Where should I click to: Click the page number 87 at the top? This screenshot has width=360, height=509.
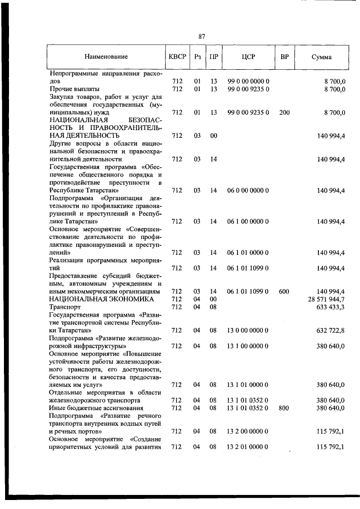pyautogui.click(x=201, y=37)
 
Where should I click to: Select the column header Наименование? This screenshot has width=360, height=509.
pyautogui.click(x=106, y=57)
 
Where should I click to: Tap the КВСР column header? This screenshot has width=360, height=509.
pyautogui.click(x=176, y=57)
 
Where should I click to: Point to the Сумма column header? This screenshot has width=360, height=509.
pyautogui.click(x=321, y=57)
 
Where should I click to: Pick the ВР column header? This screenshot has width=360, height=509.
pyautogui.click(x=284, y=57)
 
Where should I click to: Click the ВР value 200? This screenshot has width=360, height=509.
pyautogui.click(x=284, y=112)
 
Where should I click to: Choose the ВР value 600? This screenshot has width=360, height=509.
pyautogui.click(x=284, y=291)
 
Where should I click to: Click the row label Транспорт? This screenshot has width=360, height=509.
pyautogui.click(x=65, y=307)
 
